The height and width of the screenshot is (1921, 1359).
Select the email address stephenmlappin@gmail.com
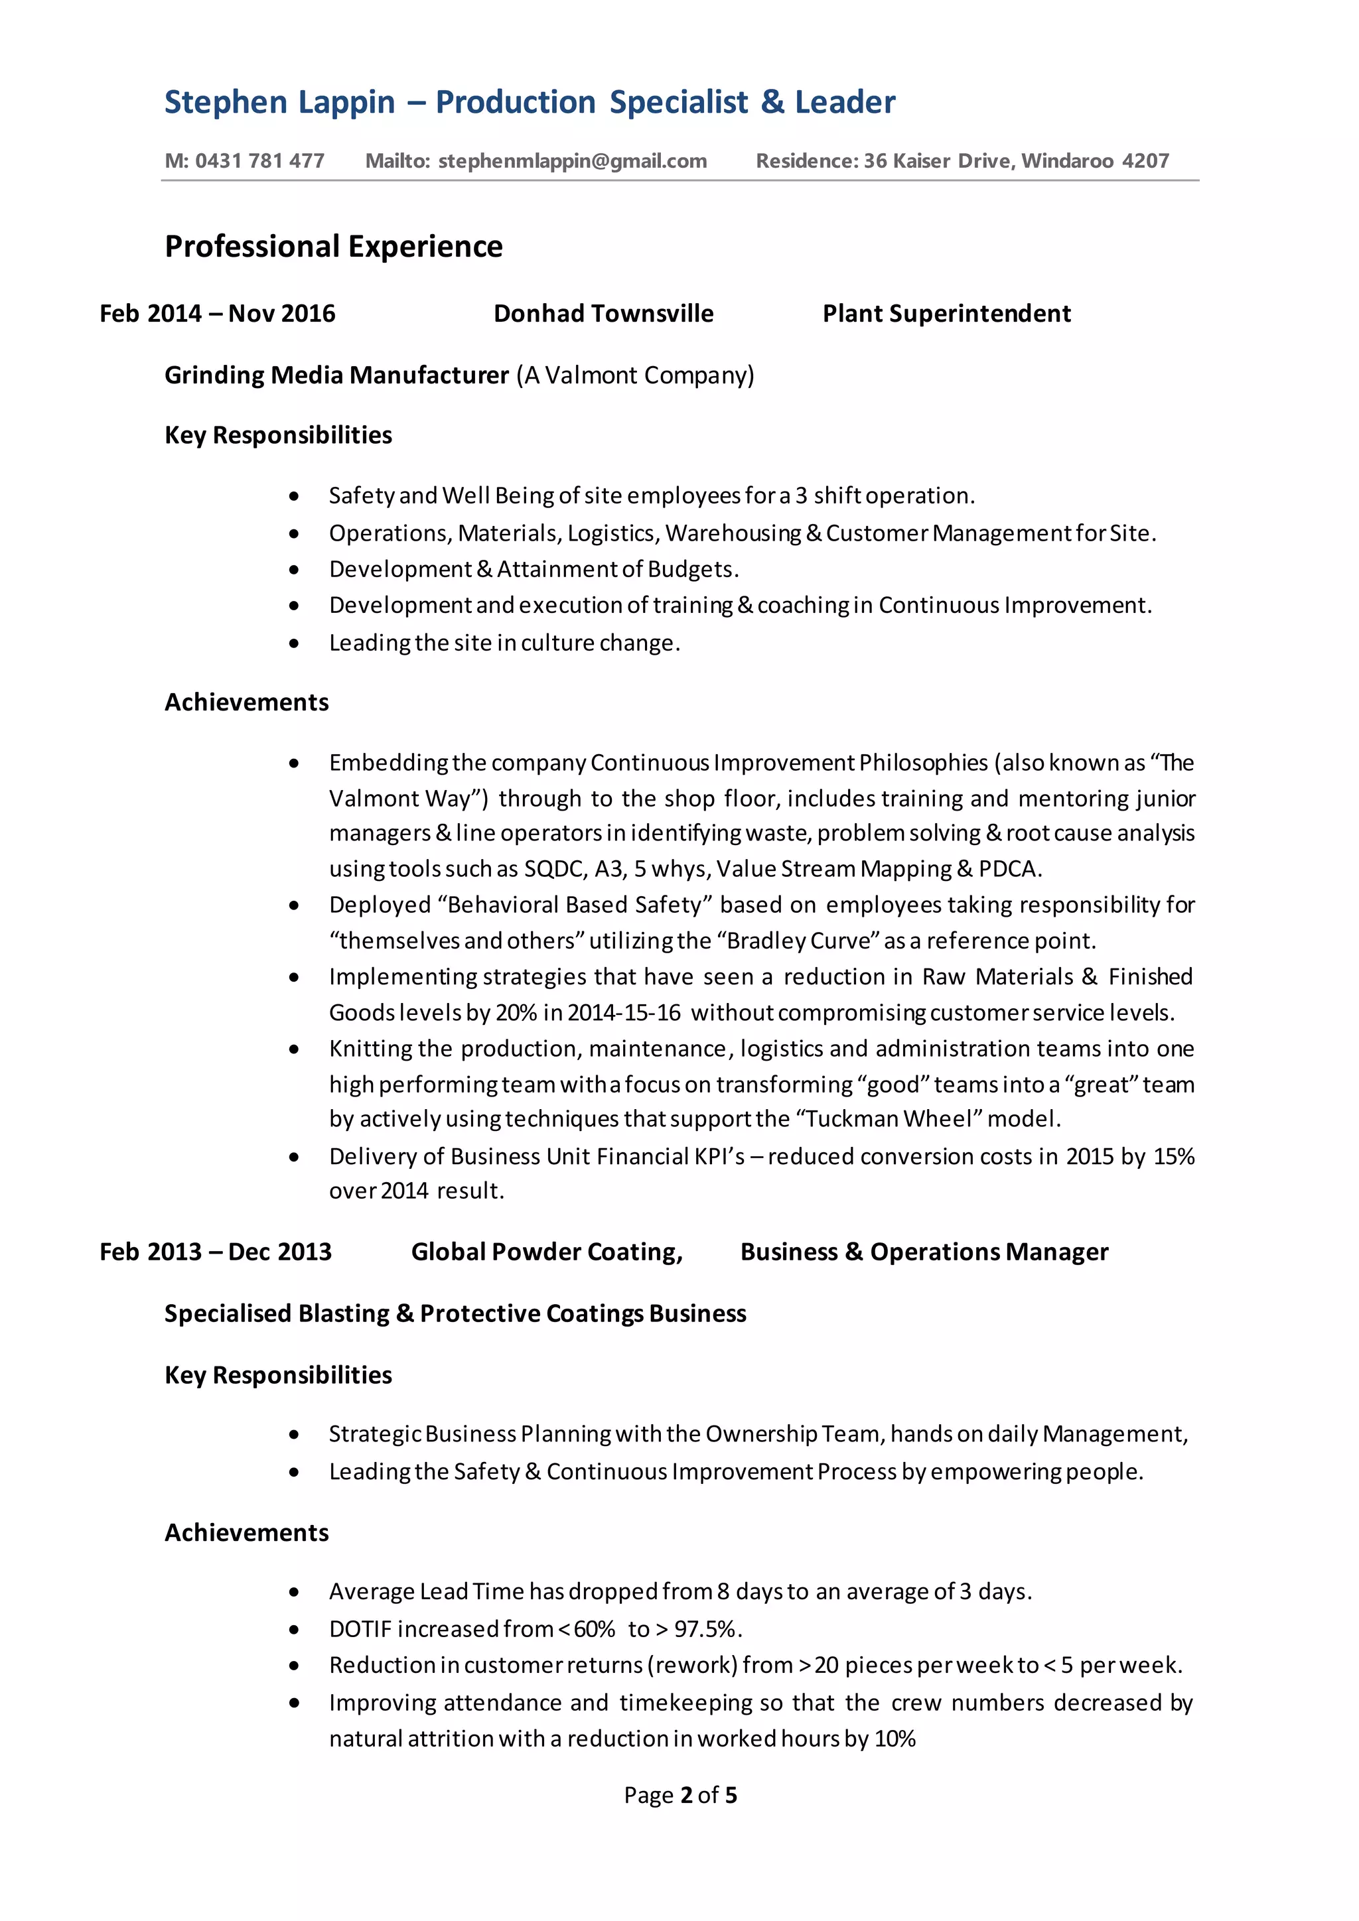(x=573, y=161)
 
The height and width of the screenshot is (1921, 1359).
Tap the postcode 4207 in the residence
(x=1145, y=161)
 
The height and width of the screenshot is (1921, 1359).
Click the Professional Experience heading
(x=333, y=247)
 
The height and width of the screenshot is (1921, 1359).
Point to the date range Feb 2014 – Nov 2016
(x=217, y=314)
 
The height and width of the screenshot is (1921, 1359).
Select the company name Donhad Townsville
(x=603, y=314)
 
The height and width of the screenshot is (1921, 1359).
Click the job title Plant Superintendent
(x=946, y=314)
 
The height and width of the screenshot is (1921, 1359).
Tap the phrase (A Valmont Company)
(x=635, y=375)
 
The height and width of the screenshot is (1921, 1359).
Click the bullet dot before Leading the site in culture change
(x=294, y=643)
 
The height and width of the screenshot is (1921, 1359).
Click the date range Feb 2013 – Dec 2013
(x=215, y=1252)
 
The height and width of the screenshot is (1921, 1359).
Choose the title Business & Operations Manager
(x=924, y=1252)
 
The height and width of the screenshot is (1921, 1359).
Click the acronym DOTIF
(x=360, y=1629)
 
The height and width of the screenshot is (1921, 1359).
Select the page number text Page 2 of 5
(x=679, y=1795)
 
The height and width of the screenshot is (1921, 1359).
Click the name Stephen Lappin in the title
(x=279, y=102)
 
